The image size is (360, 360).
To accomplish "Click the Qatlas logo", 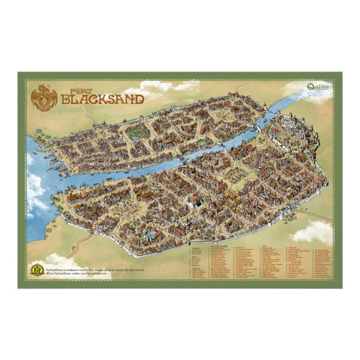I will [307, 87].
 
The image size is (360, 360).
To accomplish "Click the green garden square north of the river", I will [137, 132].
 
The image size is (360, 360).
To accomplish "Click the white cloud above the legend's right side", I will [313, 230].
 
